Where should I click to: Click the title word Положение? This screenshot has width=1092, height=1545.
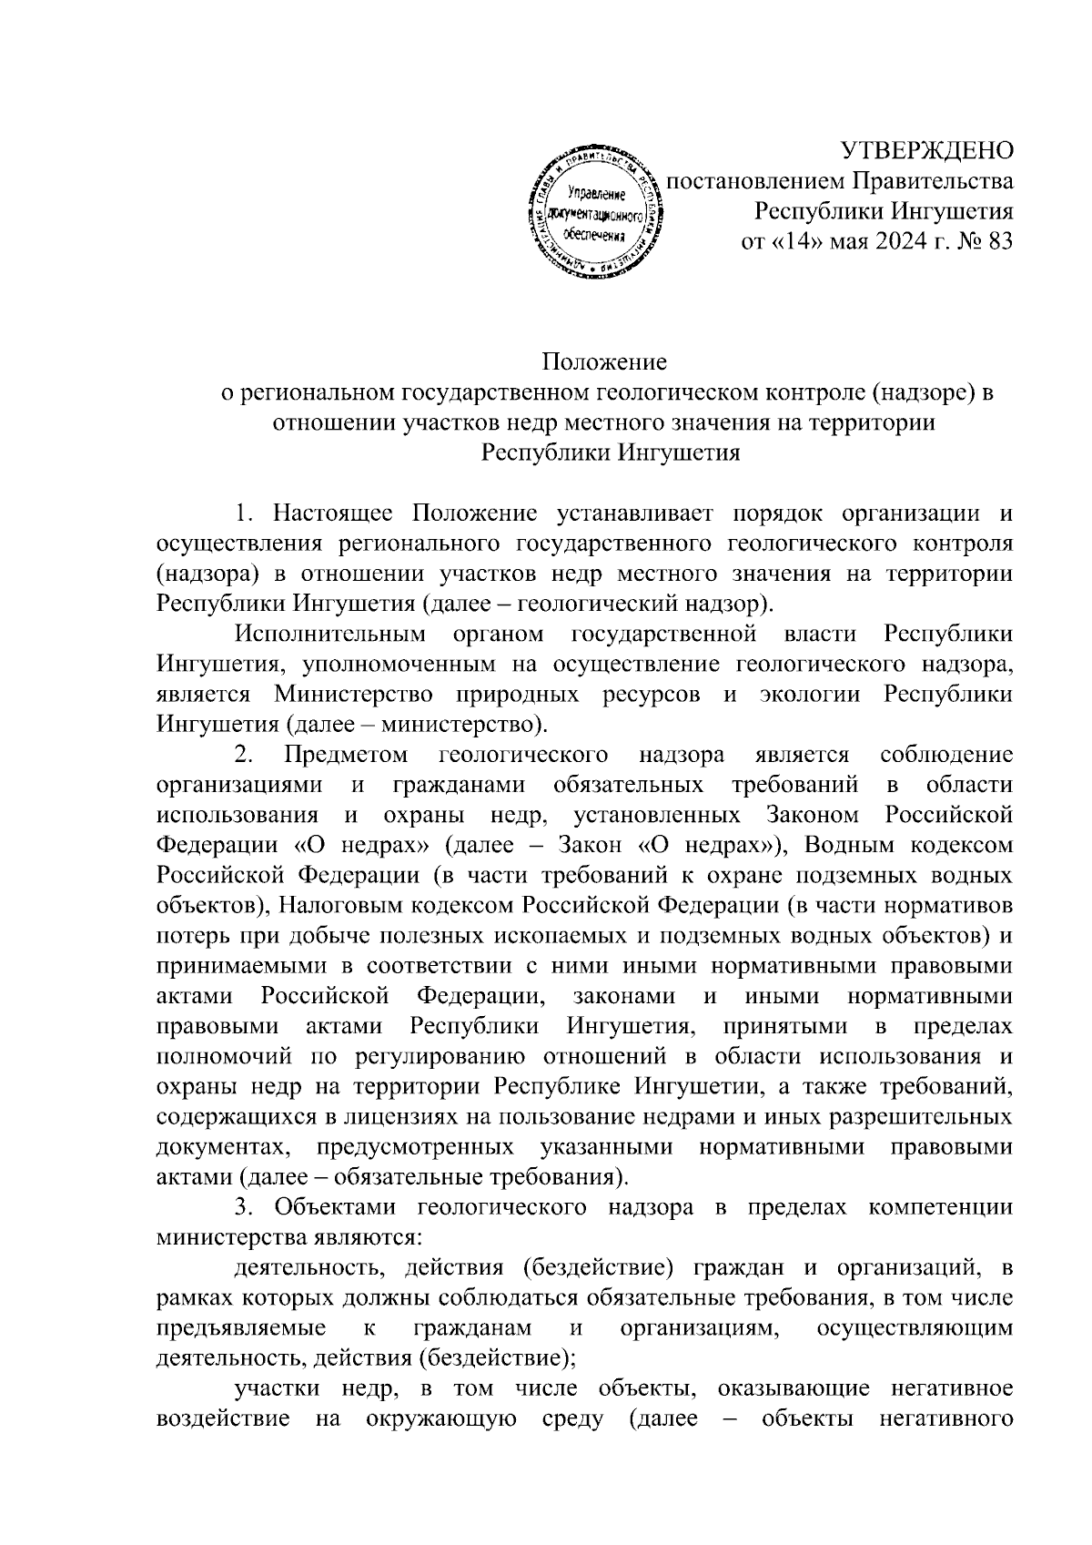[605, 362]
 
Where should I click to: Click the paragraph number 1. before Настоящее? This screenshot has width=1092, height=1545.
[243, 513]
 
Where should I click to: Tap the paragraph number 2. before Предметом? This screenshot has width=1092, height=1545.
[243, 755]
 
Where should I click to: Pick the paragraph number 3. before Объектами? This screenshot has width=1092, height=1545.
[243, 1207]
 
